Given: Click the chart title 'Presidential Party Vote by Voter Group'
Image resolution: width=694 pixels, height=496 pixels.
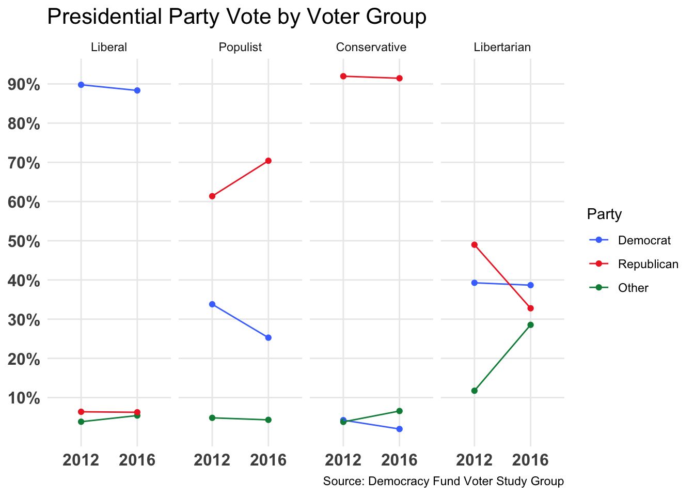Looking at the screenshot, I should click(236, 17).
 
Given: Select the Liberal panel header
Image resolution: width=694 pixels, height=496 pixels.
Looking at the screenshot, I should click(108, 48).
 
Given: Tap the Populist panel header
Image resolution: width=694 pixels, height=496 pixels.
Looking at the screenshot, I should click(240, 48).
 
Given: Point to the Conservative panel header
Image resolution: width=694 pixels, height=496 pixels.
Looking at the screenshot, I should click(371, 48).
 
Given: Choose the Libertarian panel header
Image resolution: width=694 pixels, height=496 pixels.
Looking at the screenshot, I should click(502, 48).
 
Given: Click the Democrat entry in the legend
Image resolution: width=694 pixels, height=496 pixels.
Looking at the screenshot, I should click(644, 240).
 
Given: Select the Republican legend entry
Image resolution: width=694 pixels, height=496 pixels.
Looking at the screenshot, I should click(648, 264).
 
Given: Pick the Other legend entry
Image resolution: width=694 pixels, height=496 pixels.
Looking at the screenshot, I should click(633, 288).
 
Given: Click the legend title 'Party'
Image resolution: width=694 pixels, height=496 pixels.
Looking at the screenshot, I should click(604, 214).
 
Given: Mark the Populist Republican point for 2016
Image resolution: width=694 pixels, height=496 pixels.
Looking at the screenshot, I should click(268, 161).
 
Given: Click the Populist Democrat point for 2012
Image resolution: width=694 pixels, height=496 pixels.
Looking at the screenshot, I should click(212, 304).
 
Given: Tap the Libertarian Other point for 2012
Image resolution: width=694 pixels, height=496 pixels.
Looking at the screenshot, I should click(475, 391).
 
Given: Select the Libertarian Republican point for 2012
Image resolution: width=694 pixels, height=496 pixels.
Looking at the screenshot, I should click(475, 245).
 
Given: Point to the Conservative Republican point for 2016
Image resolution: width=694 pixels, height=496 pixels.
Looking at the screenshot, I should click(399, 78).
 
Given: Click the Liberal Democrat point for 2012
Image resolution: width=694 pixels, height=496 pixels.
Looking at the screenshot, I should click(81, 85).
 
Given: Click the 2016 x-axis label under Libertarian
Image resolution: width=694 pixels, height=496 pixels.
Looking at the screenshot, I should click(530, 460).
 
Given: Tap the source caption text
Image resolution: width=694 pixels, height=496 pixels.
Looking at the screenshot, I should click(443, 482).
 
